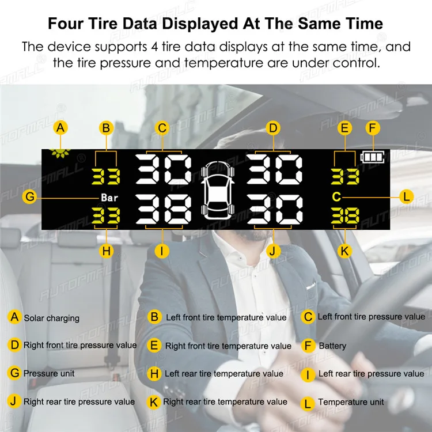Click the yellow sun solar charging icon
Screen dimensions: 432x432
[x=60, y=153]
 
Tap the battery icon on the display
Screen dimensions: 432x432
[x=372, y=157]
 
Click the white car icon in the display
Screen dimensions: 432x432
[x=218, y=191]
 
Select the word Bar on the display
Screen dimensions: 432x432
[x=109, y=198]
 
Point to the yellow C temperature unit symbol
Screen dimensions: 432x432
[x=336, y=197]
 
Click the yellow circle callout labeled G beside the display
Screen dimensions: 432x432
[x=29, y=197]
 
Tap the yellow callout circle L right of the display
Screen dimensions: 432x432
[x=407, y=197]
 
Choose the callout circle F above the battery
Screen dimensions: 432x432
[x=373, y=128]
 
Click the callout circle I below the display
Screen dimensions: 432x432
[x=162, y=251]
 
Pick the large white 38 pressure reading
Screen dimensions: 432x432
[x=164, y=209]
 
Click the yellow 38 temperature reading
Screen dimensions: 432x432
[x=345, y=215]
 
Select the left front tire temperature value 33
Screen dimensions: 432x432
[x=106, y=176]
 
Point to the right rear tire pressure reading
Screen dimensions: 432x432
[x=275, y=209]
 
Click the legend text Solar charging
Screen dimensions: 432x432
[x=52, y=318]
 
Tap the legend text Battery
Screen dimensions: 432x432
[x=332, y=346]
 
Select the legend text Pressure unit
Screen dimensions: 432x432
[x=49, y=373]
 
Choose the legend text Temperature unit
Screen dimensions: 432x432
[x=351, y=402]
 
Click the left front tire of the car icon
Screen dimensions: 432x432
[x=204, y=172]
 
